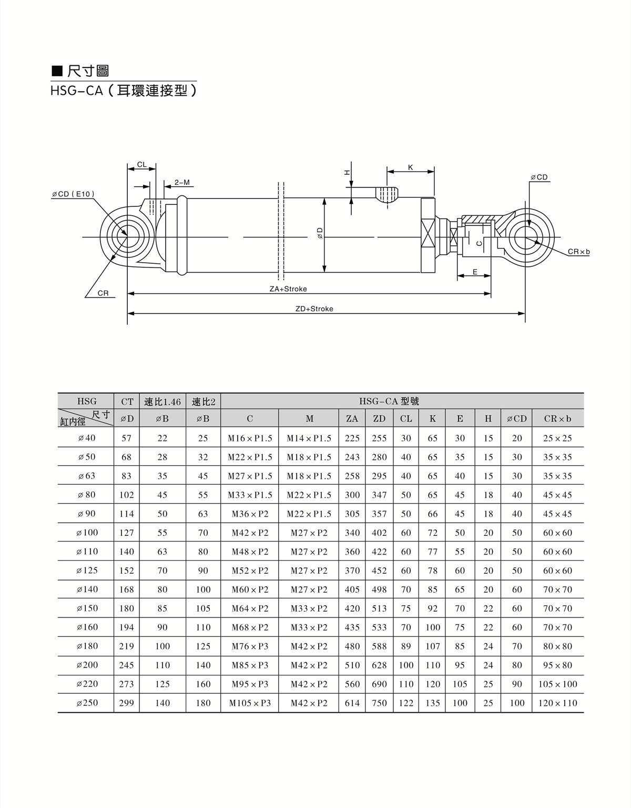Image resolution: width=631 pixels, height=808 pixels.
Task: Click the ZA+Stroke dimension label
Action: pyautogui.click(x=288, y=289)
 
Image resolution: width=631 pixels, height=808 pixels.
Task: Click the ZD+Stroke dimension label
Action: pyautogui.click(x=314, y=309)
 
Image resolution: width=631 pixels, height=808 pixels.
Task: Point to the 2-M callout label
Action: pyautogui.click(x=182, y=183)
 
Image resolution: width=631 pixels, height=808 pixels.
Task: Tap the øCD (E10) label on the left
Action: pyautogui.click(x=73, y=194)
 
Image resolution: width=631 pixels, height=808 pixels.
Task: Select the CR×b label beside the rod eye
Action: pyautogui.click(x=578, y=252)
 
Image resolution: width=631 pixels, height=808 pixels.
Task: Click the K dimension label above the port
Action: pyautogui.click(x=410, y=167)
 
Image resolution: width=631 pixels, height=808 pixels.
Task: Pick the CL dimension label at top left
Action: pyautogui.click(x=141, y=164)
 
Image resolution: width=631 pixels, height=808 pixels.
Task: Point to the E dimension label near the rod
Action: pyautogui.click(x=475, y=272)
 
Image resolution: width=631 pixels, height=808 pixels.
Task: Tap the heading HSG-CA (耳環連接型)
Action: pyautogui.click(x=124, y=91)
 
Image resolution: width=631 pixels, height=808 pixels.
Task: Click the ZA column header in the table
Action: pyautogui.click(x=352, y=418)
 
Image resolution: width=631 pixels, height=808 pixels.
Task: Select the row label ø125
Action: pyautogui.click(x=87, y=570)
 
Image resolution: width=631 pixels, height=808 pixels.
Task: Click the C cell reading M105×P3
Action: pyautogui.click(x=250, y=703)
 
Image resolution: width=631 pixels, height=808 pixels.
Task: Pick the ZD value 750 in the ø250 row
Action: pyautogui.click(x=379, y=703)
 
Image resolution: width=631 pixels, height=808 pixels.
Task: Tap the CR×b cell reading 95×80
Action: pyautogui.click(x=557, y=665)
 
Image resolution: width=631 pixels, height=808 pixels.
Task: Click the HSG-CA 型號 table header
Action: pyautogui.click(x=389, y=401)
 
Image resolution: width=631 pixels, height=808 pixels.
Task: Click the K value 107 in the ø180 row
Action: pyautogui.click(x=432, y=646)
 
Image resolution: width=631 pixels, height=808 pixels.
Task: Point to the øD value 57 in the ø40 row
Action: pyautogui.click(x=127, y=437)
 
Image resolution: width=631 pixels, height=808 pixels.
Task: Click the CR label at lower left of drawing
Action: pyautogui.click(x=103, y=293)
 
